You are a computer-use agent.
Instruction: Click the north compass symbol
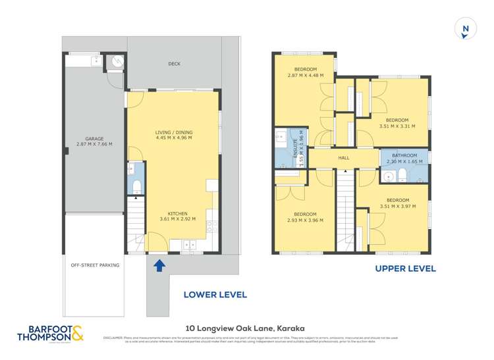click(x=465, y=28)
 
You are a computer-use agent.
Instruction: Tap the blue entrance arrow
click(x=159, y=265)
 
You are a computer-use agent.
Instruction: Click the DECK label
click(x=174, y=64)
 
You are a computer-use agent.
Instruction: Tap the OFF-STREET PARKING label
click(x=96, y=266)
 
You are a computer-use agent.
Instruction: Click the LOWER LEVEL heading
click(x=215, y=295)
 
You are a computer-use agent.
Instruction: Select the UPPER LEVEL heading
click(x=405, y=269)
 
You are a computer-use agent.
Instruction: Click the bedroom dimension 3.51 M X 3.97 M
click(x=397, y=206)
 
